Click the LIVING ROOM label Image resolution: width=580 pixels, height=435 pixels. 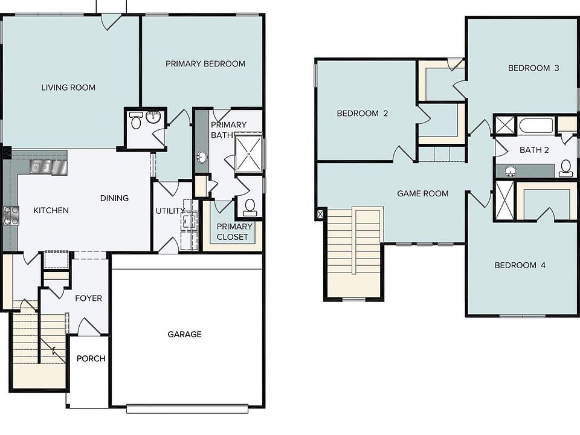[68, 88]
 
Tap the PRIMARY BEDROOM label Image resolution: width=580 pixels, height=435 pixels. [205, 63]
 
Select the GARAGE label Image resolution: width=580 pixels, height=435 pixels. [184, 334]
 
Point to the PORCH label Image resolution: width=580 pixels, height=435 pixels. [91, 358]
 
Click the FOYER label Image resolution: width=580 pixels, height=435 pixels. [88, 298]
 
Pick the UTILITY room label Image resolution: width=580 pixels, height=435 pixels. [169, 211]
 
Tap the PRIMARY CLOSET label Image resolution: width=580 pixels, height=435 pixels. [233, 231]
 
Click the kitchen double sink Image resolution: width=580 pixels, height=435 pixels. [43, 166]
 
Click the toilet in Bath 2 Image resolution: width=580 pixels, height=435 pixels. [566, 168]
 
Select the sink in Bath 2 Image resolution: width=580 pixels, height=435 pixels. [511, 171]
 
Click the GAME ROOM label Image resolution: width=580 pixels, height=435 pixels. [423, 193]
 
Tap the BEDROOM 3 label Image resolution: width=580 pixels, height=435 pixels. [533, 68]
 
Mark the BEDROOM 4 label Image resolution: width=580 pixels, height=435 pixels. [520, 265]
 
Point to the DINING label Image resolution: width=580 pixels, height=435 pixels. [114, 198]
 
